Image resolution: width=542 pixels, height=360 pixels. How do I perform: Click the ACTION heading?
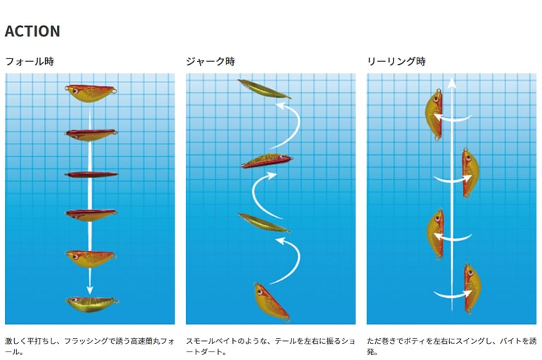32,32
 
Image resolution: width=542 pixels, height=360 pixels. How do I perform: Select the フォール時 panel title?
29,61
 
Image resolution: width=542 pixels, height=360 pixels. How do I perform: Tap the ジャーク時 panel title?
210,61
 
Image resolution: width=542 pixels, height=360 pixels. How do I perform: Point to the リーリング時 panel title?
396,61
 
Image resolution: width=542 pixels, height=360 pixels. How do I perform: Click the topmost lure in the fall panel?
92,92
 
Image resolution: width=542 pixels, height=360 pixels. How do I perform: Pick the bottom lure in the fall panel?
92,303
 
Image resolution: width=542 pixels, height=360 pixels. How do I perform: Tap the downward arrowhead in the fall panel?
91,289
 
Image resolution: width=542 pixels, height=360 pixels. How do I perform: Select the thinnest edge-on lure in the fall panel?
92,174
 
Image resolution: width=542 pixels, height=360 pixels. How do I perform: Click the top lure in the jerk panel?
264,89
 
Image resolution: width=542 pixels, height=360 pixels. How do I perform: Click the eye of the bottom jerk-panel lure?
259,289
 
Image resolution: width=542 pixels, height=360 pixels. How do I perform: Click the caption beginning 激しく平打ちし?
90,345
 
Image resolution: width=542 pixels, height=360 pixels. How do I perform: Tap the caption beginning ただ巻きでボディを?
450,345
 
